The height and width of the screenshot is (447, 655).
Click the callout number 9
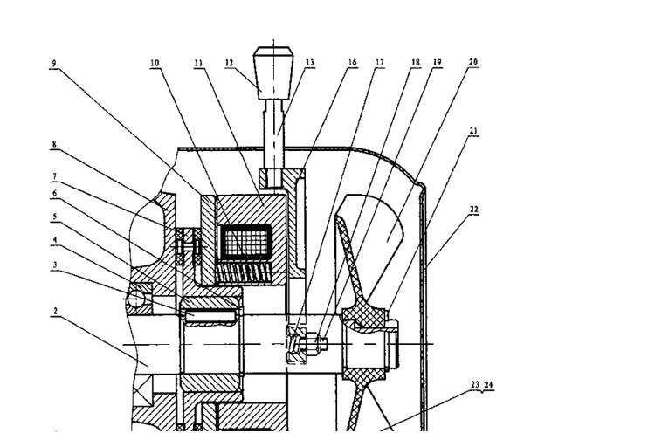pyautogui.click(x=54, y=64)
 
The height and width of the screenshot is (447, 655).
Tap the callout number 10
pyautogui.click(x=155, y=63)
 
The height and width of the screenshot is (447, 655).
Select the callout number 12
pyautogui.click(x=229, y=63)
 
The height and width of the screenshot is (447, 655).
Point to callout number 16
pyautogui.click(x=353, y=63)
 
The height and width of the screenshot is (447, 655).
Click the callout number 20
pyautogui.click(x=472, y=62)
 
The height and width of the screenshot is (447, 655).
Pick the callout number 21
pyautogui.click(x=473, y=131)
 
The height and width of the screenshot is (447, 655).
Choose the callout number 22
pyautogui.click(x=473, y=210)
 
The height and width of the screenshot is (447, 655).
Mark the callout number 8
pyautogui.click(x=54, y=145)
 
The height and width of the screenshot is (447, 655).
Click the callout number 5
pyautogui.click(x=54, y=217)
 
